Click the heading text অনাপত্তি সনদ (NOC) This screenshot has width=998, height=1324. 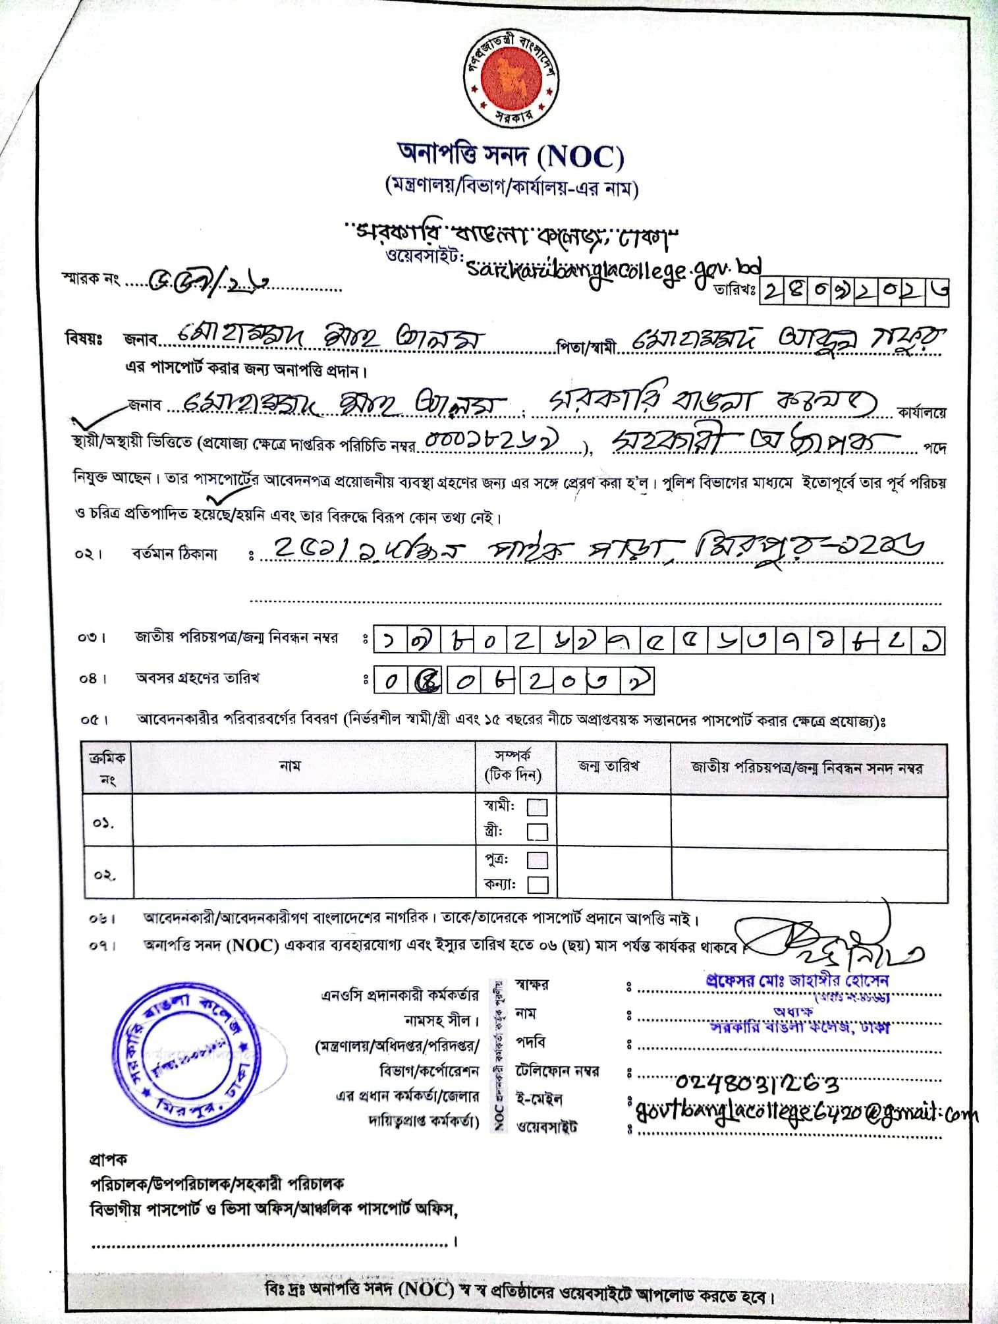511,155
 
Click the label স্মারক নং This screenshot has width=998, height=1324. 90,279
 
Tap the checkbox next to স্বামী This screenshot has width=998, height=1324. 538,807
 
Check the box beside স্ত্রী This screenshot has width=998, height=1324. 538,832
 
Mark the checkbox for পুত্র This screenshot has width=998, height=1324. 538,860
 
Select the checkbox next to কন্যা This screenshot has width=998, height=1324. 538,885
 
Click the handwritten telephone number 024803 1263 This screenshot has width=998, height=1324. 758,1082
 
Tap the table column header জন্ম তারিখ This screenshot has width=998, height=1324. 608,767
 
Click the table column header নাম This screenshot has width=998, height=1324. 290,766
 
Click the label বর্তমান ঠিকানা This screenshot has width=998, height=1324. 174,554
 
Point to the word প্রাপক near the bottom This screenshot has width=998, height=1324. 108,1159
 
